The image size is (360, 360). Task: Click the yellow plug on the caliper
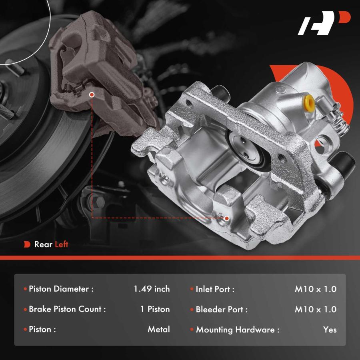click(x=309, y=103)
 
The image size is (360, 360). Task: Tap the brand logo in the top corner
click(x=324, y=23)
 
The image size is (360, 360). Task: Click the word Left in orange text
click(x=62, y=244)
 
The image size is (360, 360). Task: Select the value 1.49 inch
click(x=152, y=289)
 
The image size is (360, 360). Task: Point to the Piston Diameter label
click(x=61, y=289)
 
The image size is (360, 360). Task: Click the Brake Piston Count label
click(x=67, y=309)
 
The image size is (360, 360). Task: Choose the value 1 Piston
click(x=155, y=309)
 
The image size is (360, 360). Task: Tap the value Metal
click(x=159, y=329)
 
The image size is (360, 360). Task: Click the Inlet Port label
click(x=215, y=289)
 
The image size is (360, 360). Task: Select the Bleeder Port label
click(x=222, y=309)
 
